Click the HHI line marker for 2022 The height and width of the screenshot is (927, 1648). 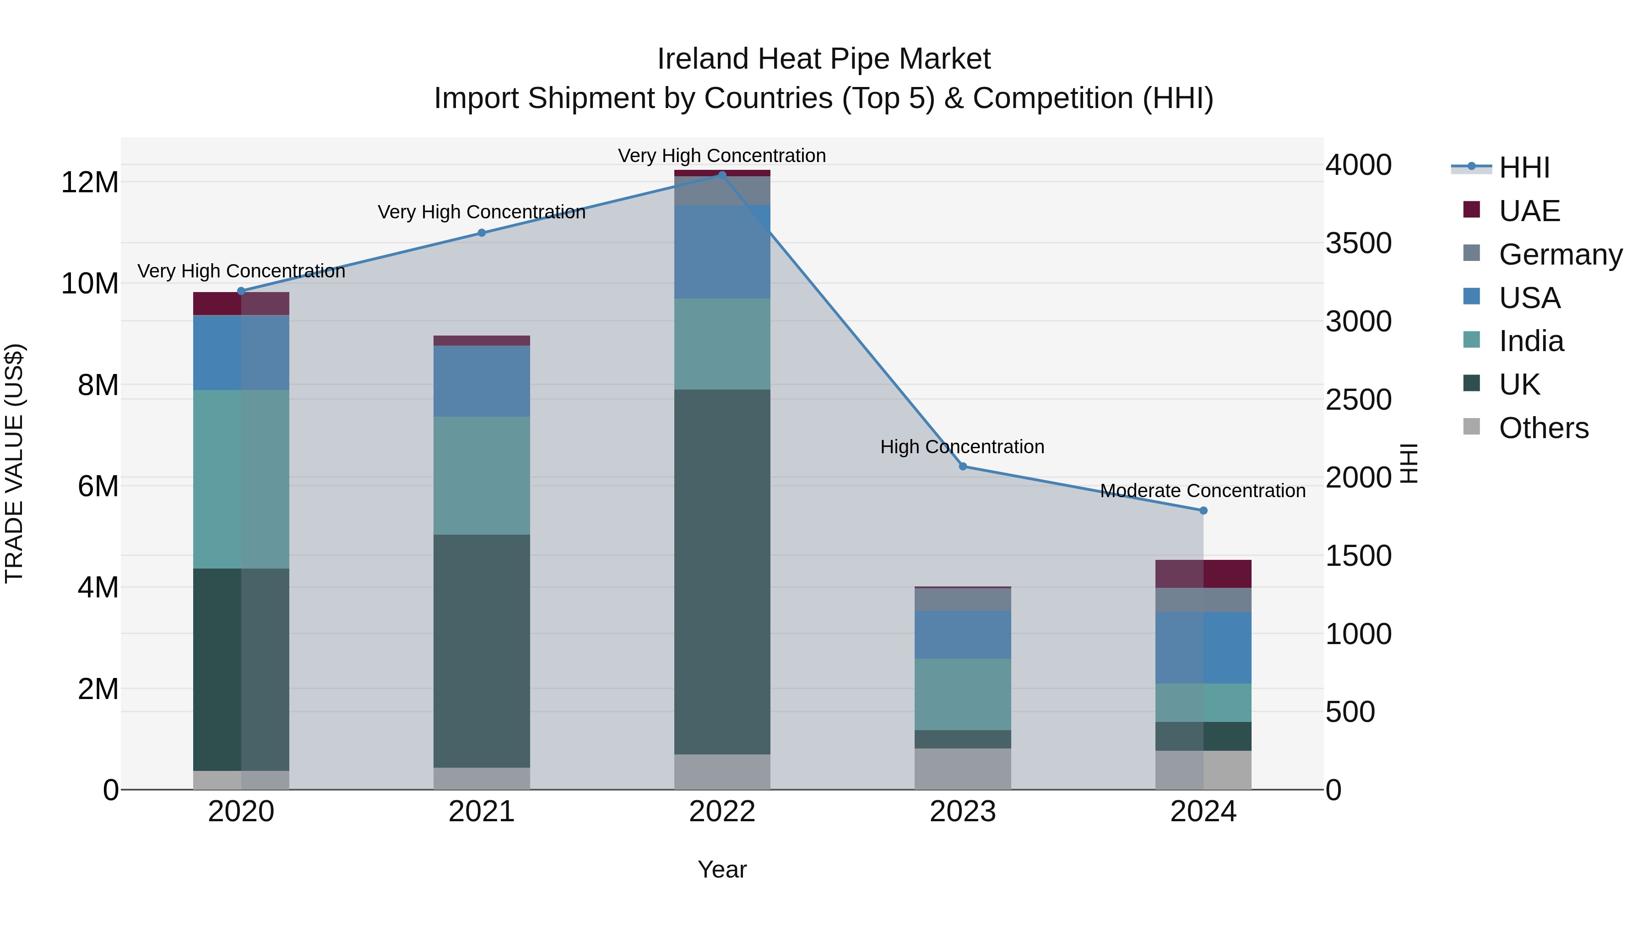pyautogui.click(x=722, y=175)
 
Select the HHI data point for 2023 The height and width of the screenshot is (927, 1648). pyautogui.click(x=963, y=466)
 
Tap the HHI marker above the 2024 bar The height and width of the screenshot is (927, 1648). pyautogui.click(x=1203, y=510)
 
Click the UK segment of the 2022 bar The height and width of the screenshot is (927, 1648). pyautogui.click(x=722, y=571)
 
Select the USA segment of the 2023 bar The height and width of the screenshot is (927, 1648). pyautogui.click(x=963, y=634)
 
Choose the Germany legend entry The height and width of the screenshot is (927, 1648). pyautogui.click(x=1560, y=255)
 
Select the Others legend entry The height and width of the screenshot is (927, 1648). pyautogui.click(x=1543, y=428)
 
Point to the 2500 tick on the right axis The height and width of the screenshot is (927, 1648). pyautogui.click(x=1358, y=400)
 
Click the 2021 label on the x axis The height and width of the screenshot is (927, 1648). pyautogui.click(x=482, y=812)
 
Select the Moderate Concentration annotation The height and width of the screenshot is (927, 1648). pyautogui.click(x=1203, y=491)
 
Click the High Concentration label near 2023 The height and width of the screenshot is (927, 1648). pyautogui.click(x=962, y=446)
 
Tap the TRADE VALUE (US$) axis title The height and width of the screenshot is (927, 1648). pyautogui.click(x=14, y=463)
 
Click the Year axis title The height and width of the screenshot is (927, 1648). pyautogui.click(x=722, y=869)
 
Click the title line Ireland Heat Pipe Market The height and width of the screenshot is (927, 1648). pyautogui.click(x=824, y=59)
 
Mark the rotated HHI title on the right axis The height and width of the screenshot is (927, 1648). pyautogui.click(x=1409, y=463)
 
